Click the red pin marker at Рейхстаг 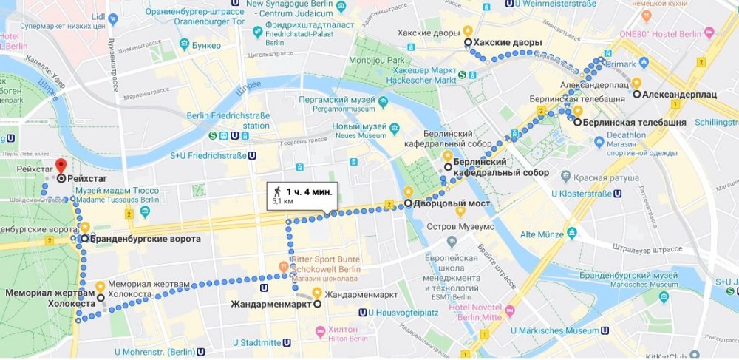pos(61,166)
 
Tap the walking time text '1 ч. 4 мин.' pos(309,192)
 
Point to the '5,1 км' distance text pos(284,201)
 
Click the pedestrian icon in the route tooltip pos(277,192)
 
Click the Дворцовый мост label pos(447,203)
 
